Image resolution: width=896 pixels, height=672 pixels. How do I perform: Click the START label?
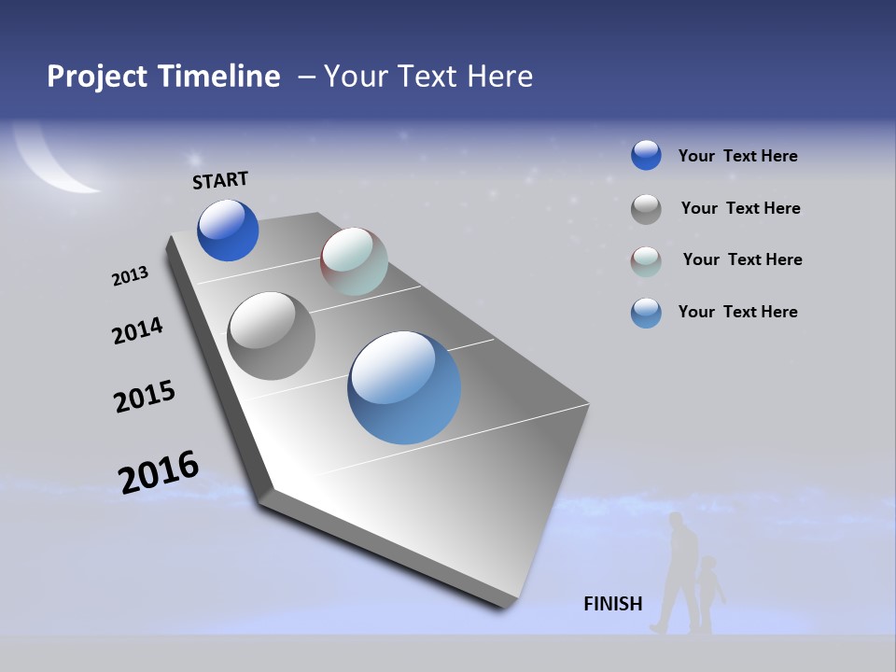tap(220, 180)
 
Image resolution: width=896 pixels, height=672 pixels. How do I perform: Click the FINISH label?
tap(613, 604)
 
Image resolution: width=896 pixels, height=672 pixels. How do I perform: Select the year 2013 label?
tap(130, 276)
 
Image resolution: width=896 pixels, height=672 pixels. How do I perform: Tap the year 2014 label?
tap(137, 330)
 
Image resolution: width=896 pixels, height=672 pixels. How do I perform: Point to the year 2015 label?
tap(145, 397)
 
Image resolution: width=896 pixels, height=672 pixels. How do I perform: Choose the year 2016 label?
tap(159, 472)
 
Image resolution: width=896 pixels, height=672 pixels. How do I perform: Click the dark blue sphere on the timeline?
tap(228, 231)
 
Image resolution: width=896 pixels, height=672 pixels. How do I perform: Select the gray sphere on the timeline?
tap(272, 336)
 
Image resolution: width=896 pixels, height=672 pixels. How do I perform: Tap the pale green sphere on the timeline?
tap(354, 261)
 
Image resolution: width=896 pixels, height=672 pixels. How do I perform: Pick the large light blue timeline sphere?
tap(404, 387)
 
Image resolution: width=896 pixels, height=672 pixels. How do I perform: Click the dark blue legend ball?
tap(646, 155)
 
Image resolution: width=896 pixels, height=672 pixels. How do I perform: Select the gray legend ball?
tap(646, 209)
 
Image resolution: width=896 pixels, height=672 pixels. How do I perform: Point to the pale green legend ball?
tap(646, 261)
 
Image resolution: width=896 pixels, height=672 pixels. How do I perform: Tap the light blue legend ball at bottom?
tap(646, 313)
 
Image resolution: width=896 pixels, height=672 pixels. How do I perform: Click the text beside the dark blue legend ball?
tap(737, 156)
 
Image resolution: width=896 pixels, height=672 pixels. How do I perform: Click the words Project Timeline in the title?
tap(163, 77)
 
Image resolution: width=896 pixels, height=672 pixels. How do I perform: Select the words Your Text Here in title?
tap(428, 77)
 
